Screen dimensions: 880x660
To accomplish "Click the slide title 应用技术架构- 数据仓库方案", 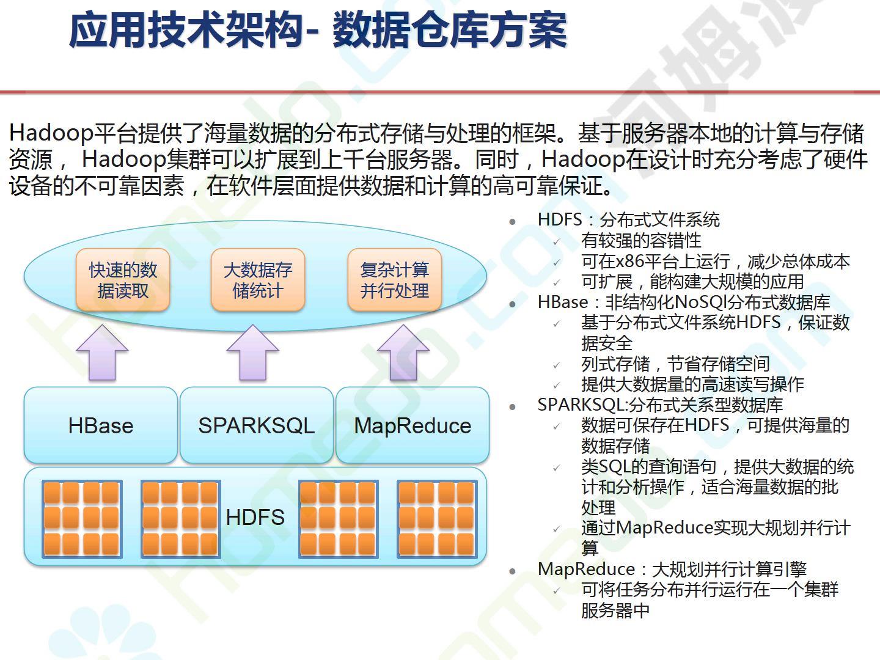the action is tap(318, 30).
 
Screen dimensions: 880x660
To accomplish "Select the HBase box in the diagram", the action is tap(101, 425).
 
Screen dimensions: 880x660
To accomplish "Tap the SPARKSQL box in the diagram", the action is tap(257, 425).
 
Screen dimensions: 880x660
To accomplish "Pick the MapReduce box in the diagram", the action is tap(413, 425).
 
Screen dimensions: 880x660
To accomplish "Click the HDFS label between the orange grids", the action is tap(255, 517).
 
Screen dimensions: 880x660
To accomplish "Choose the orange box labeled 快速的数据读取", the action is tap(123, 280).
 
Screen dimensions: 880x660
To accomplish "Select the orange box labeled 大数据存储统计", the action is tap(258, 280).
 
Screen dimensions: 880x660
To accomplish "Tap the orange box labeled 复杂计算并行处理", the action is tap(395, 280).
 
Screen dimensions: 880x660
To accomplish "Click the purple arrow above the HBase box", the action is tap(102, 352).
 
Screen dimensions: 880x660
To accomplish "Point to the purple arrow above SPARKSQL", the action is tap(252, 352).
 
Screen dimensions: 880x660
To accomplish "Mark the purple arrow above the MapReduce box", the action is tap(403, 352).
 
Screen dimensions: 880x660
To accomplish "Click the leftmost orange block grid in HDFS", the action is tap(82, 519).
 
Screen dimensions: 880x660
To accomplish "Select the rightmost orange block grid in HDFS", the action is tap(437, 519).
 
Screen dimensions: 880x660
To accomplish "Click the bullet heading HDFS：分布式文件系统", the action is tap(629, 219).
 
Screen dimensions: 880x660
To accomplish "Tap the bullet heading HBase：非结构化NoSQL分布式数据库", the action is tap(684, 302).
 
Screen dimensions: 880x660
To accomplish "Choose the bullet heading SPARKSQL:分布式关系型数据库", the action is tap(660, 405).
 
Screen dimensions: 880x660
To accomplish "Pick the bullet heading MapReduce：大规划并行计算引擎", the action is tap(672, 568).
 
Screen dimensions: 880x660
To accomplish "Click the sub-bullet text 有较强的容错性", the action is tap(641, 240).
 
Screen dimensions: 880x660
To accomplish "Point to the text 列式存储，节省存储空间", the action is tap(675, 364).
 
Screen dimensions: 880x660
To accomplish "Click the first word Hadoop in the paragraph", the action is tap(51, 133).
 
